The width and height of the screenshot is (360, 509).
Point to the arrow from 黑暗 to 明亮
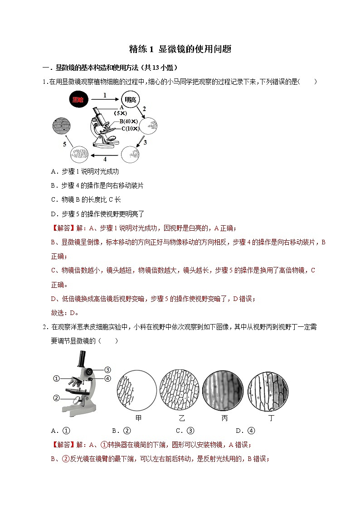[105, 100]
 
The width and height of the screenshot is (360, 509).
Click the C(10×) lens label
[130, 129]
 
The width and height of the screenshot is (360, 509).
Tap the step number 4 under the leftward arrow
[105, 160]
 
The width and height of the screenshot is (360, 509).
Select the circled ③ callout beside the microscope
[107, 369]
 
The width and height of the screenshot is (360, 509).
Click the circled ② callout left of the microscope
[57, 398]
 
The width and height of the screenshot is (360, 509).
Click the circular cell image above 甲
[134, 388]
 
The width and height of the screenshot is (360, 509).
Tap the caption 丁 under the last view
[272, 418]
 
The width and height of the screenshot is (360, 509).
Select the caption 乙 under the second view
[182, 418]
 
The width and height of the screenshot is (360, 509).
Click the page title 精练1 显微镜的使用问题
[180, 49]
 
